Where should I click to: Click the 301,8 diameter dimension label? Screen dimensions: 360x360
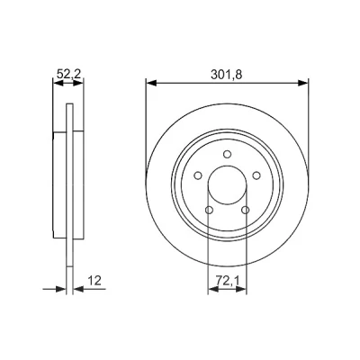pyautogui.click(x=226, y=75)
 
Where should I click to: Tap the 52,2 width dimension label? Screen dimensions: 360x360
pyautogui.click(x=68, y=75)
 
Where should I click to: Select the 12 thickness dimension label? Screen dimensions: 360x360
pyautogui.click(x=94, y=281)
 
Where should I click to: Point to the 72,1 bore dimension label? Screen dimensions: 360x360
pyautogui.click(x=227, y=281)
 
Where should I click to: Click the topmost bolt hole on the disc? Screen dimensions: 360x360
pyautogui.click(x=227, y=154)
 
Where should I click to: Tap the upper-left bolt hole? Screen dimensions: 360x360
pyautogui.click(x=198, y=175)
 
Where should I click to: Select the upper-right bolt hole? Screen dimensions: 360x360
pyautogui.click(x=256, y=175)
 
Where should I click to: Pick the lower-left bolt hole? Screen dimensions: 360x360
pyautogui.click(x=209, y=210)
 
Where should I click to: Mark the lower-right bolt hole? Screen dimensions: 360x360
pyautogui.click(x=246, y=210)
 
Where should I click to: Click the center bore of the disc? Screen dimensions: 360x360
pyautogui.click(x=227, y=185)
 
